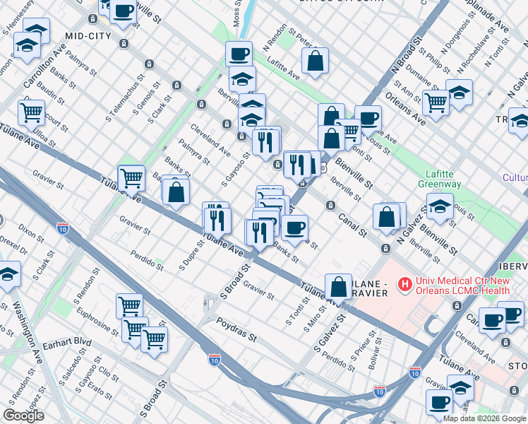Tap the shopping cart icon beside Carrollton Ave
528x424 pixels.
pos(31,112)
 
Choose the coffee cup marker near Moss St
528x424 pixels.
pos(239,54)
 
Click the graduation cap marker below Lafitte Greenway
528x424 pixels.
pos(440,207)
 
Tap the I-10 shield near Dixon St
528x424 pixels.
pos(63,228)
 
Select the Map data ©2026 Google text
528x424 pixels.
pos(484,418)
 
